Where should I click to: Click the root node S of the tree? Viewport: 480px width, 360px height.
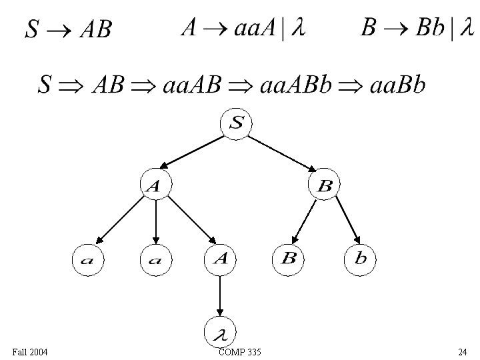[x=237, y=123]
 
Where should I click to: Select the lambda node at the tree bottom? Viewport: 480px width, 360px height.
[x=221, y=331]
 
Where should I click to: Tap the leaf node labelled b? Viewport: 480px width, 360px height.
[x=360, y=259]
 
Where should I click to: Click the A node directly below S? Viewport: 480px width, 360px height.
[x=154, y=187]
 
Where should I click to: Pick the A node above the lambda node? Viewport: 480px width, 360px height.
[x=221, y=259]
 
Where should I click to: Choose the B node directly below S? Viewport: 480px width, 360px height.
[x=325, y=187]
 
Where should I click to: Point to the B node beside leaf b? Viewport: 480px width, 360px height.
[x=289, y=259]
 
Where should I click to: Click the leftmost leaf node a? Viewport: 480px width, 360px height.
[x=87, y=259]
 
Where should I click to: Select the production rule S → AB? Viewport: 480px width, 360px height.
[x=67, y=29]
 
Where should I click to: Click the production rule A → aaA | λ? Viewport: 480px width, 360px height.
[x=243, y=29]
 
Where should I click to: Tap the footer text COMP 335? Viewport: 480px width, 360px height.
[x=239, y=351]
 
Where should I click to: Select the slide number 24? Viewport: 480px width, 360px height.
[x=462, y=351]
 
